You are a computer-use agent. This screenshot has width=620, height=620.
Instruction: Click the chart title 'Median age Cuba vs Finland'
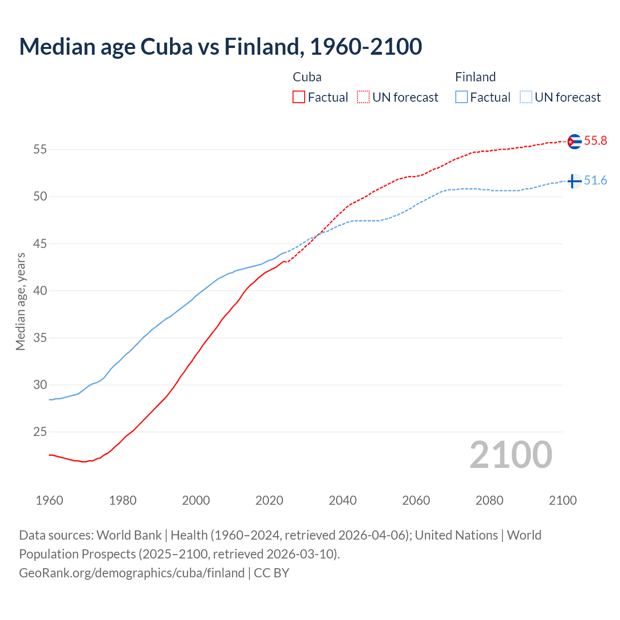(220, 46)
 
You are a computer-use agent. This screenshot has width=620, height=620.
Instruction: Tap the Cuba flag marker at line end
(574, 141)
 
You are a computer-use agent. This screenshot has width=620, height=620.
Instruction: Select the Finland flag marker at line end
(574, 181)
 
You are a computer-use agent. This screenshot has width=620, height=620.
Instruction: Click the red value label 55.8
(595, 141)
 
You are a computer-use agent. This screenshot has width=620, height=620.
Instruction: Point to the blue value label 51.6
(595, 181)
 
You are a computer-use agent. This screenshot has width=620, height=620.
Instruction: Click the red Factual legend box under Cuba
(299, 97)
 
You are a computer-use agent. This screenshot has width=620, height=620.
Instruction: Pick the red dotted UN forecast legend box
(363, 97)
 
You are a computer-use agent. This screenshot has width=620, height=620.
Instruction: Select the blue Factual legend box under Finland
(462, 97)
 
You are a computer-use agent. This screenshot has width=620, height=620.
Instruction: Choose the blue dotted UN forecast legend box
(526, 97)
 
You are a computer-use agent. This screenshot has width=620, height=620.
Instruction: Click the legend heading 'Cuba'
(307, 77)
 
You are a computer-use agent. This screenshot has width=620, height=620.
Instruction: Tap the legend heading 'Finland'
(475, 77)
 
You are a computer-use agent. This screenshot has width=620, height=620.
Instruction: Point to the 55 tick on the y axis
(40, 150)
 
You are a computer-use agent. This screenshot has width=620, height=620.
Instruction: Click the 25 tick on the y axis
(40, 432)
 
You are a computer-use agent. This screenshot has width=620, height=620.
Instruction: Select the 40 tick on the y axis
(40, 291)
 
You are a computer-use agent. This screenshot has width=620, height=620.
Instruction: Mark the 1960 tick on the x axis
(49, 500)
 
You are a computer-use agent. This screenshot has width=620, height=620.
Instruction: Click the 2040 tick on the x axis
(342, 500)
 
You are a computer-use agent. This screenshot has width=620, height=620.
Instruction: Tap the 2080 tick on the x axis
(489, 500)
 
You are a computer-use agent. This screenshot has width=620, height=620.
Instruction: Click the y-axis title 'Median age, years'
(20, 301)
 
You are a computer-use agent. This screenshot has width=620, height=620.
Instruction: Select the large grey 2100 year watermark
(511, 455)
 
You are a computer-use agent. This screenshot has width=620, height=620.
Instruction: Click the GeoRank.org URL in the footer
(132, 573)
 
